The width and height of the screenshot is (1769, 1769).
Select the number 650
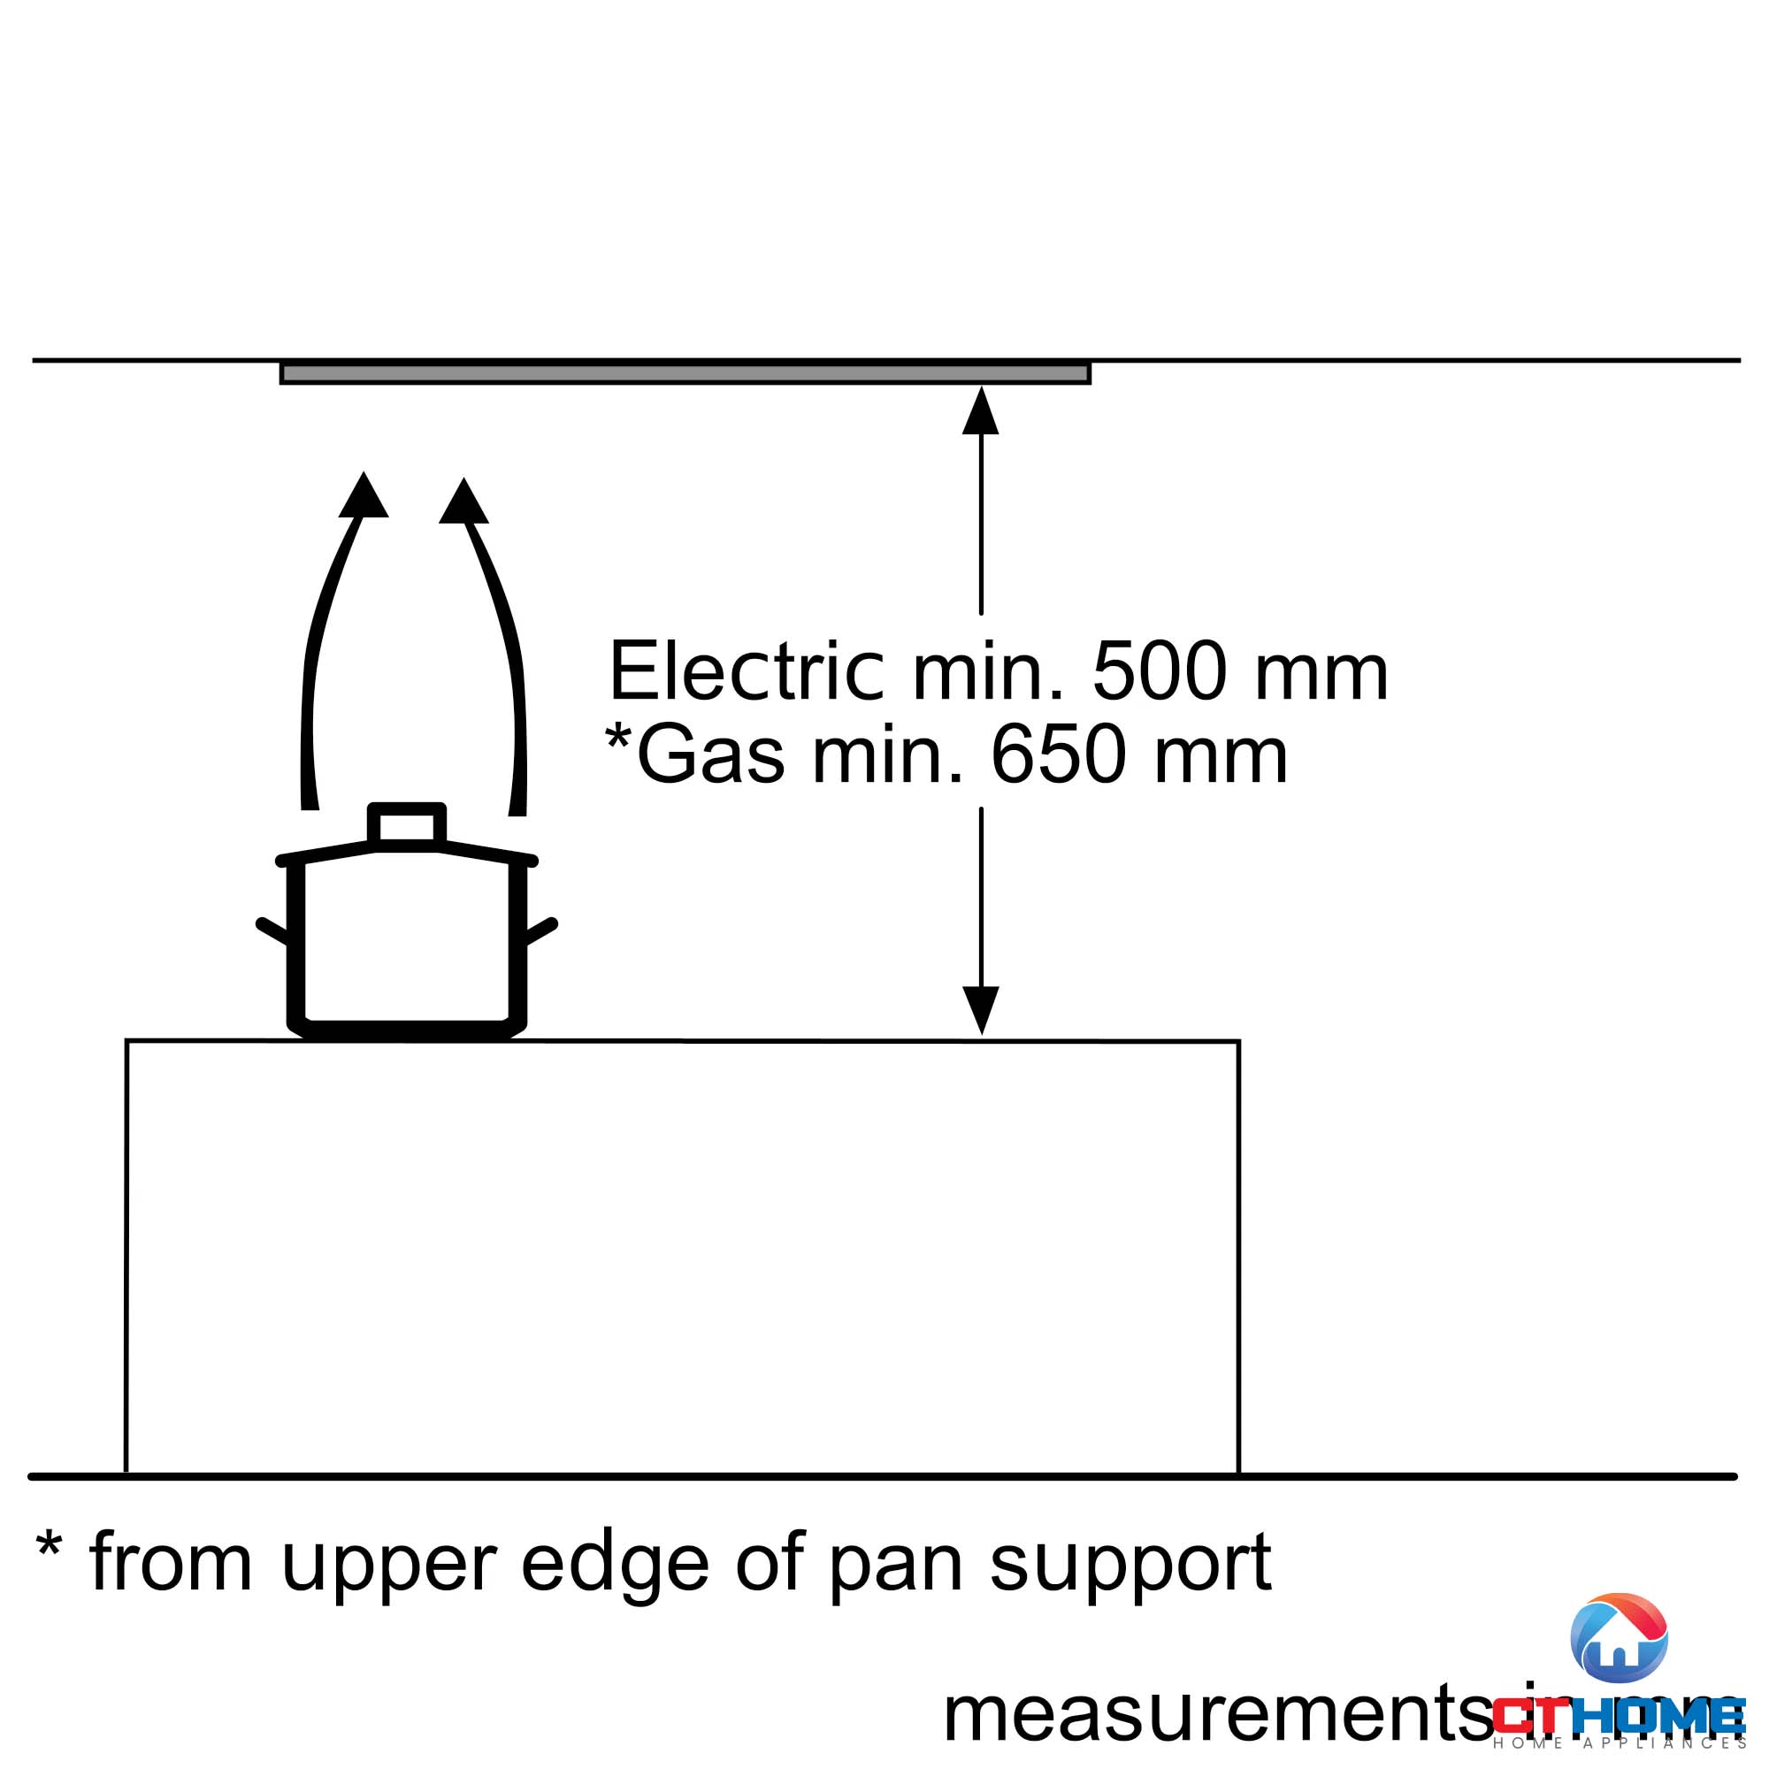click(1057, 756)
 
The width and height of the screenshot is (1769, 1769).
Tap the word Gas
click(710, 756)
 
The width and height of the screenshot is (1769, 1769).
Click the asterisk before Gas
click(619, 738)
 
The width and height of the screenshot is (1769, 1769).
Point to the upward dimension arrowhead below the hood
click(981, 411)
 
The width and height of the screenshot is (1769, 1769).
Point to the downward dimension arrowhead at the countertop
click(981, 1009)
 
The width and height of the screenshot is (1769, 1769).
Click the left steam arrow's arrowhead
click(364, 498)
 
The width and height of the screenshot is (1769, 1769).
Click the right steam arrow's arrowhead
click(463, 503)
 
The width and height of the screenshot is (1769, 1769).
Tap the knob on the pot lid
click(407, 823)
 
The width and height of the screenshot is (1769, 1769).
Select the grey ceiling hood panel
click(685, 372)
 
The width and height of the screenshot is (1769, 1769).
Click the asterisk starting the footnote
click(50, 1544)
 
